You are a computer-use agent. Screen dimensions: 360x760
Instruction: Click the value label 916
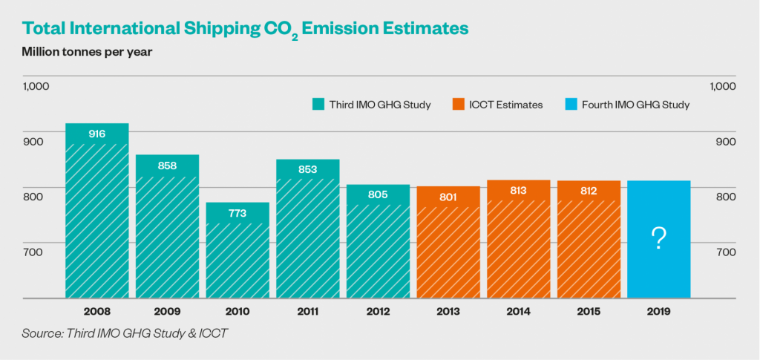pos(97,134)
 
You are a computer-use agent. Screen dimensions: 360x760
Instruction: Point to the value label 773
pos(237,214)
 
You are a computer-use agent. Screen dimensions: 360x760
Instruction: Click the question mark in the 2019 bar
pos(658,239)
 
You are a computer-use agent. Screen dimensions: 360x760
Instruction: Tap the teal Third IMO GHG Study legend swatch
pos(318,105)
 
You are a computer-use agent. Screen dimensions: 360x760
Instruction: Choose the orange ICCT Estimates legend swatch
pos(456,105)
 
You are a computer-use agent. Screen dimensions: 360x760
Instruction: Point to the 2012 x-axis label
pos(378,312)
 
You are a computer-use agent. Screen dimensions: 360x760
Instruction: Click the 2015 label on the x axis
pos(589,312)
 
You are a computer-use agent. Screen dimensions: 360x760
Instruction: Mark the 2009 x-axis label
pos(167,312)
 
